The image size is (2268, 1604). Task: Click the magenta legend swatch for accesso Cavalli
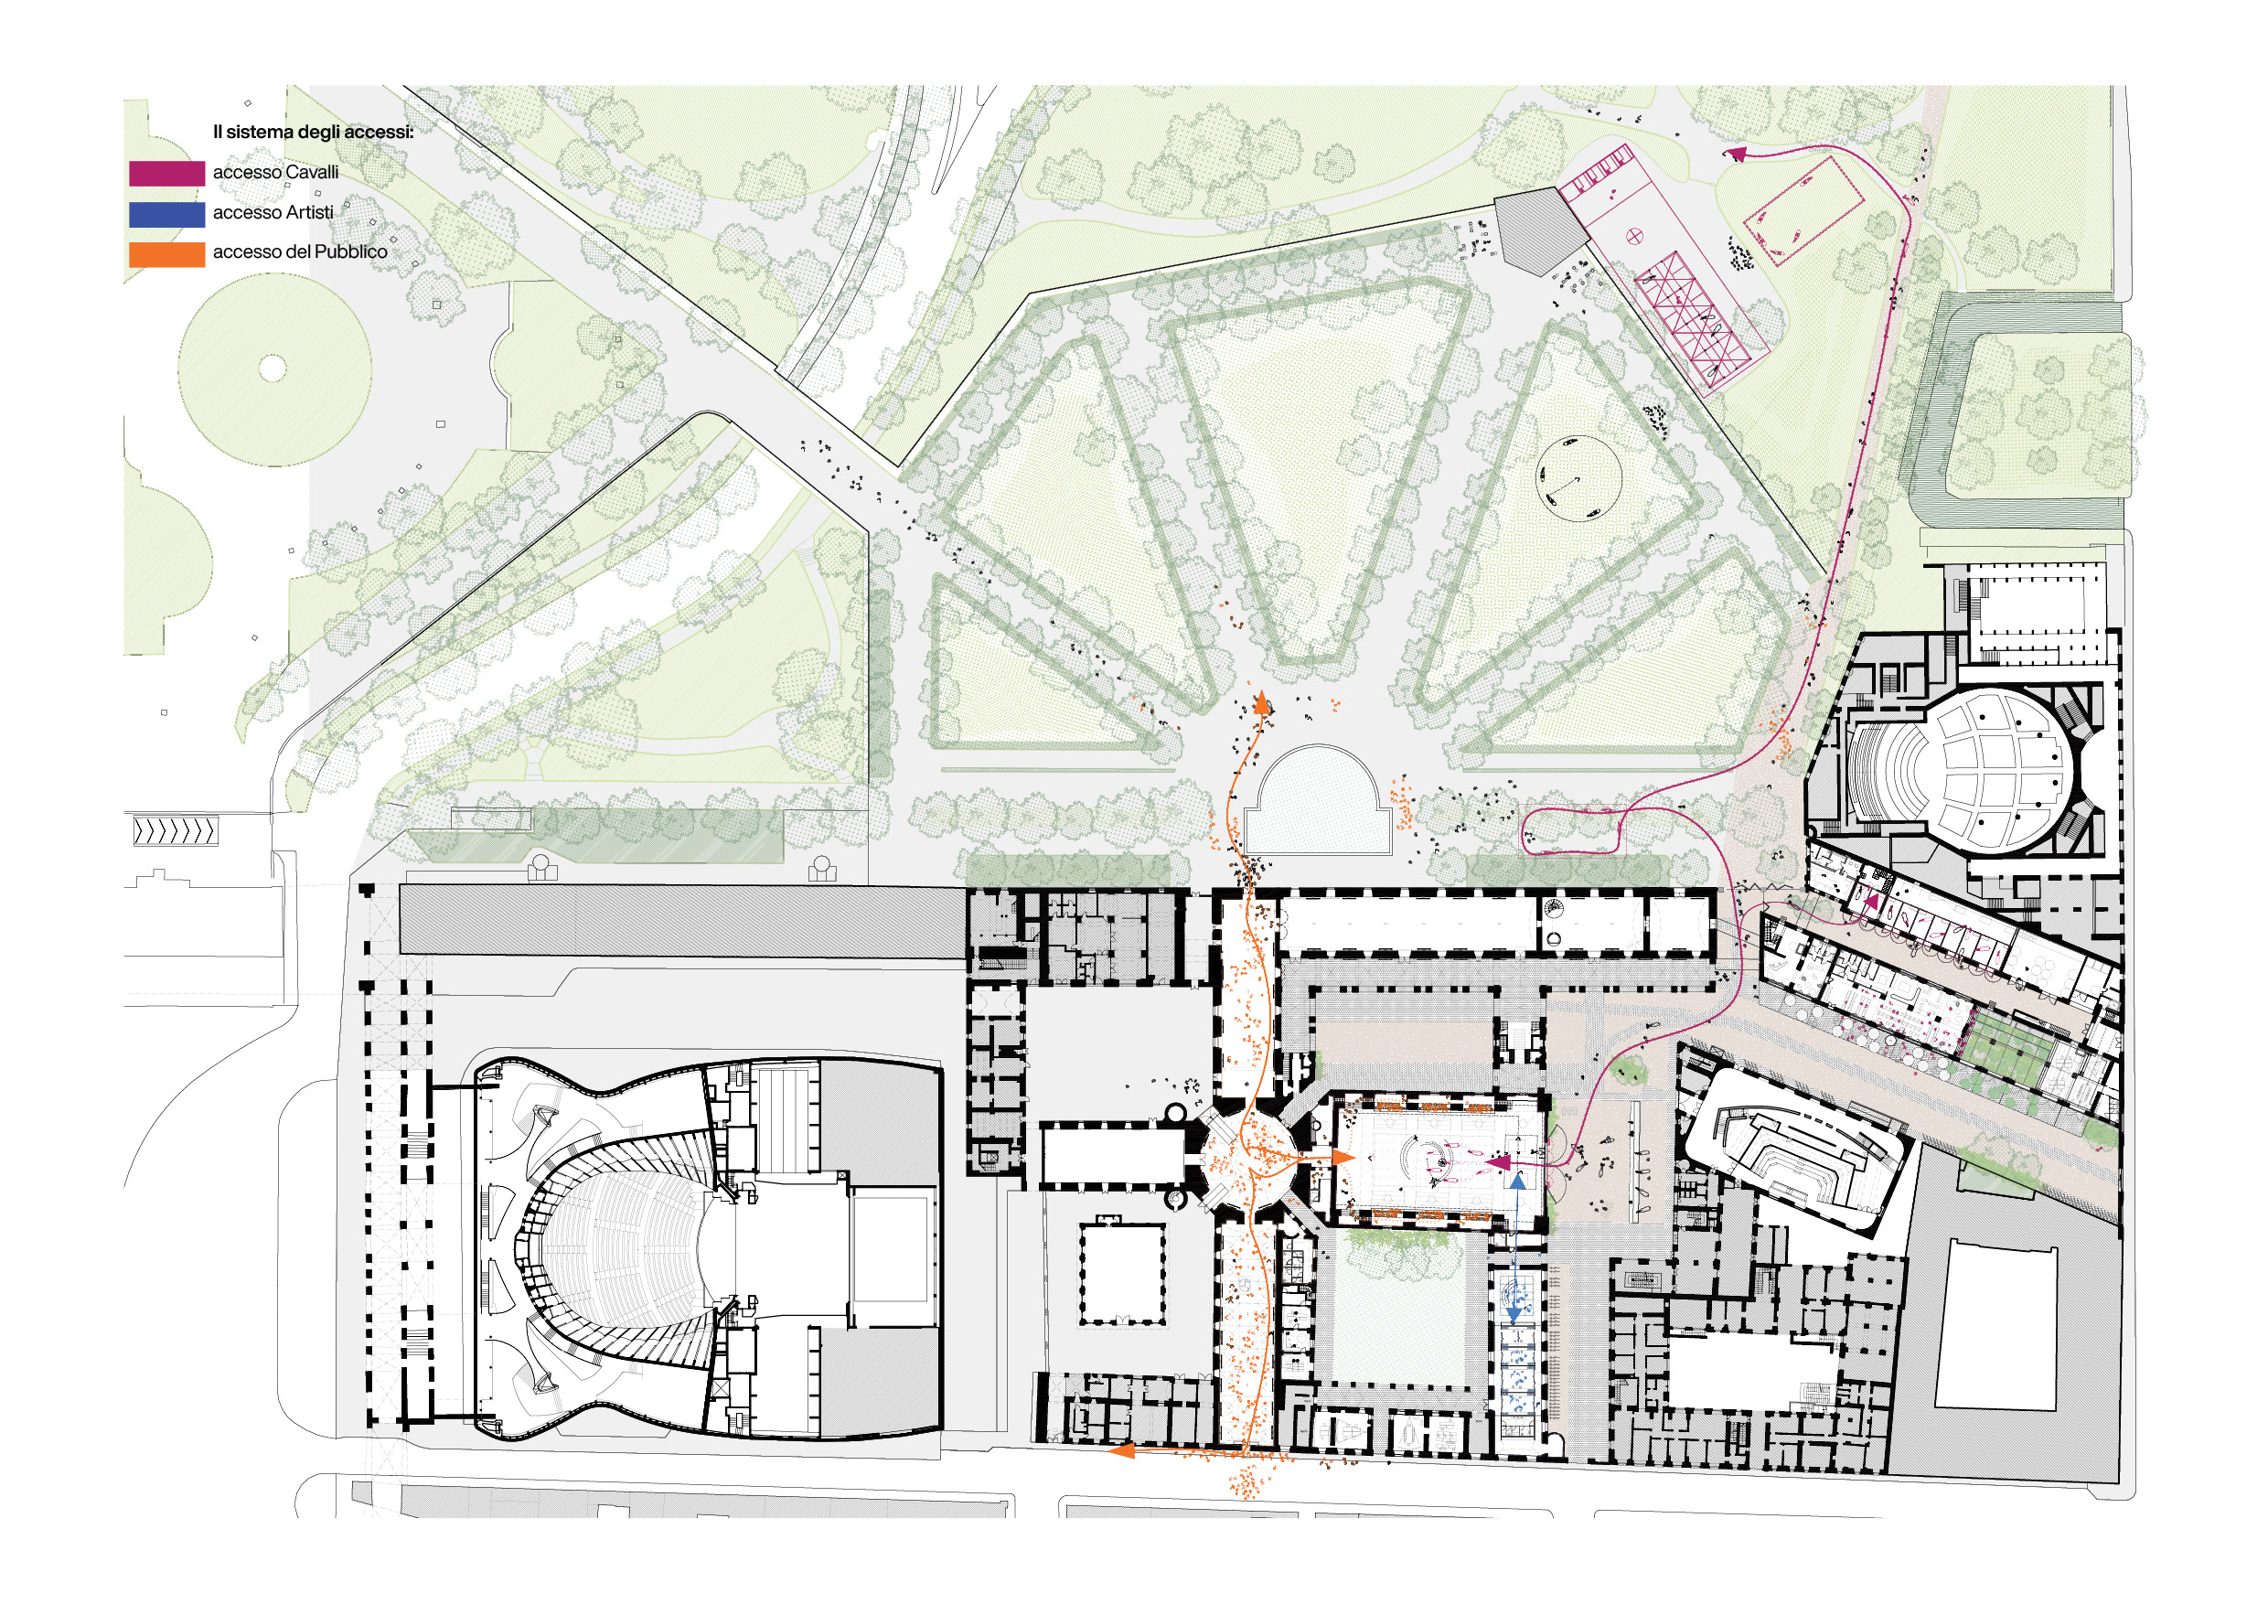pos(167,173)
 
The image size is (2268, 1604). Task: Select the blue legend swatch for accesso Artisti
pos(167,213)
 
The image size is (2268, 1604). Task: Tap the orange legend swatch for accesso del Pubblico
pos(167,254)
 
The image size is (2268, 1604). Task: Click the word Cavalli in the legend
pos(312,172)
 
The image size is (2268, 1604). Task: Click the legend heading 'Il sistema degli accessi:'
pos(313,132)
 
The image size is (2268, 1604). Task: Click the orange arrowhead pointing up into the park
pos(1261,703)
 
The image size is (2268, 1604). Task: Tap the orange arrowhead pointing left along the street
pos(1122,1450)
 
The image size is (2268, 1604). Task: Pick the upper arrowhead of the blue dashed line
pos(1517,1180)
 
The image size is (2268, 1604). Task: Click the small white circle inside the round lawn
pos(273,369)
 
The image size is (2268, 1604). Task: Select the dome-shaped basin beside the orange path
pos(1318,802)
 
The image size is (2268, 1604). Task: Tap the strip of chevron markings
pos(175,831)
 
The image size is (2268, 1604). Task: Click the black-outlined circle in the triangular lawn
pos(1578,478)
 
